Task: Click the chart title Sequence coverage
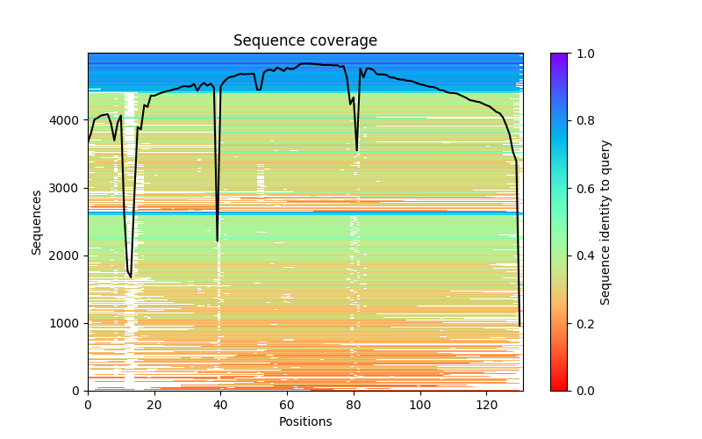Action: [304, 41]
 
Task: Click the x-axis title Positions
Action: [304, 421]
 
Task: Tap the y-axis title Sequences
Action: [37, 221]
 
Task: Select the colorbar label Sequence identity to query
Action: [605, 221]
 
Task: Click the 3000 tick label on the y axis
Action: [70, 188]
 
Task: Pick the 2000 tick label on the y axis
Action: [70, 255]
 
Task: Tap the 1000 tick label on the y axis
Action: [70, 323]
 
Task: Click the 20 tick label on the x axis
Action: [154, 405]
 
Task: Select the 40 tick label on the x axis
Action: [221, 405]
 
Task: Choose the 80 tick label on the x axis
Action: [354, 405]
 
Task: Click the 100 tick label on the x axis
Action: [420, 405]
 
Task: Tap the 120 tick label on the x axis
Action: [487, 405]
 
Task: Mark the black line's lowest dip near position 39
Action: [218, 241]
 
